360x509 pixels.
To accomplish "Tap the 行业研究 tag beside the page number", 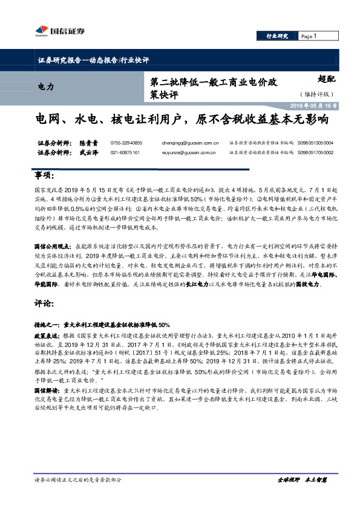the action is (x=278, y=36).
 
